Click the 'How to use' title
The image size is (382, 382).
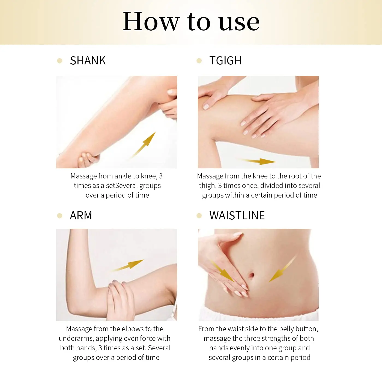191,22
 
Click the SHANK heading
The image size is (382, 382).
88,61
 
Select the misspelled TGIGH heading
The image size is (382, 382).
225,61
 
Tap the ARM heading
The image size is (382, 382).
81,216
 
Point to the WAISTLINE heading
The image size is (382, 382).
237,216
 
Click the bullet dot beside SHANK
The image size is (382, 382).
59,61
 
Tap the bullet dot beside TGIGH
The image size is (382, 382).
199,61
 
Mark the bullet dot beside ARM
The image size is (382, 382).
59,216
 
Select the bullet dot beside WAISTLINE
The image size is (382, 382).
199,216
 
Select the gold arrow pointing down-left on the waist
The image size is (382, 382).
282,269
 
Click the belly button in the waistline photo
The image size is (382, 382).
251,274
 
